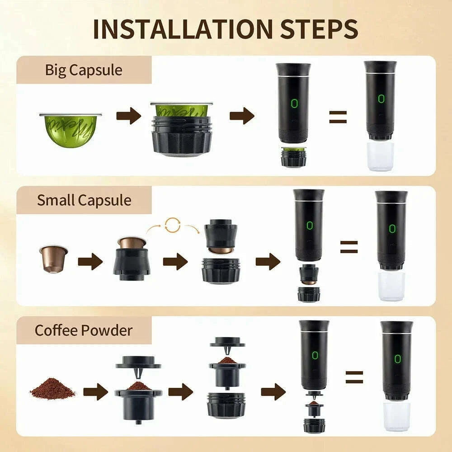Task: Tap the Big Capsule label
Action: coord(84,70)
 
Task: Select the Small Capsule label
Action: coord(84,200)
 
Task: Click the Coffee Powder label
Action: coord(84,330)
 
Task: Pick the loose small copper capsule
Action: coord(53,258)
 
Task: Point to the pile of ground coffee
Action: coord(52,389)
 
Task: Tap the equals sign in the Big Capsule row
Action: coord(338,117)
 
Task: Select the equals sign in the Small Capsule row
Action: coord(349,247)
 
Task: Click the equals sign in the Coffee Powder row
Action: coord(354,377)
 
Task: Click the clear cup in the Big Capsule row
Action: coord(381,156)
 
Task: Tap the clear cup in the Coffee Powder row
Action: coord(396,416)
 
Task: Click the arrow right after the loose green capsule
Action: coord(129,116)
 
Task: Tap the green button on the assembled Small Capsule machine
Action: coord(391,228)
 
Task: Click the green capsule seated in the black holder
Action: coord(181,110)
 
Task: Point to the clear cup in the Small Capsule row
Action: coord(391,286)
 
